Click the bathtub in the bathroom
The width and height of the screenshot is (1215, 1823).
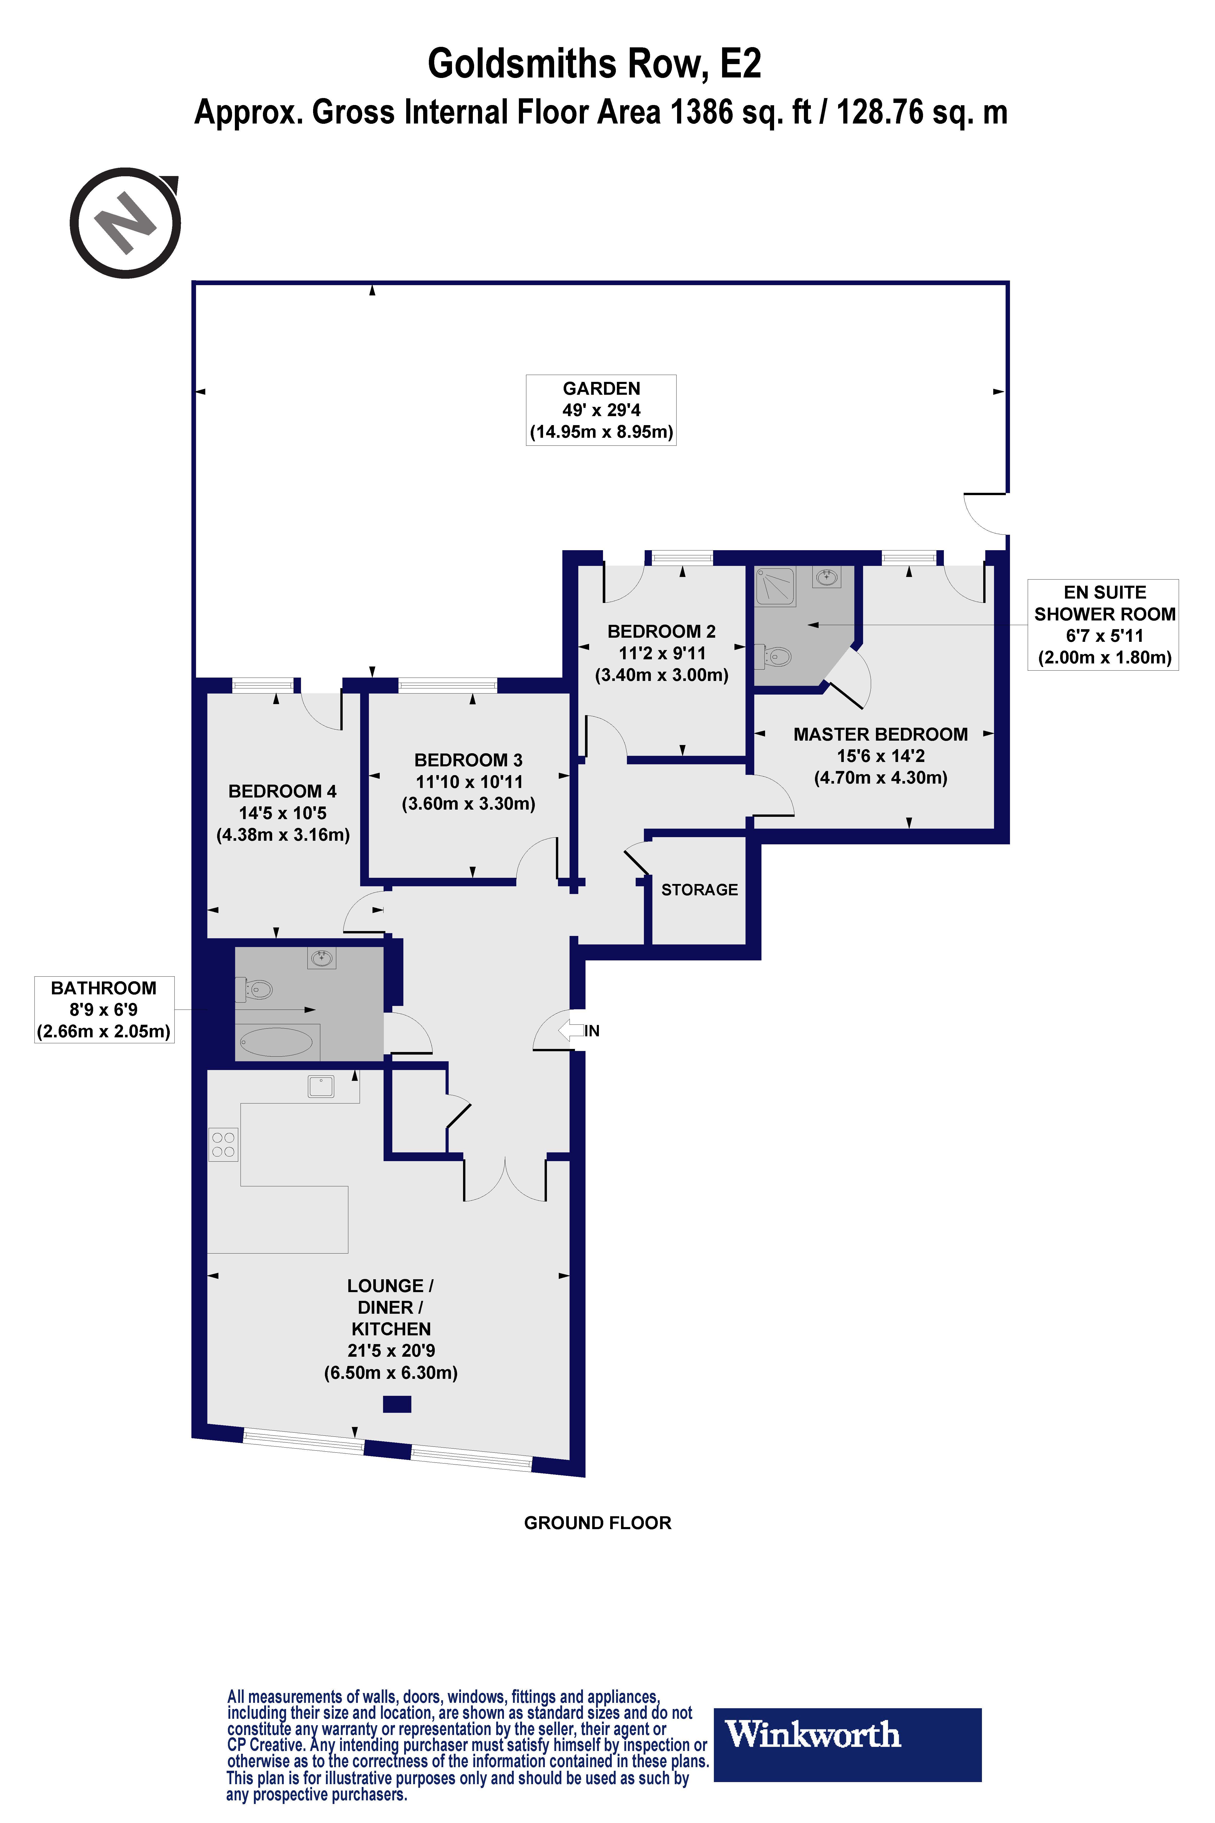[x=277, y=1042]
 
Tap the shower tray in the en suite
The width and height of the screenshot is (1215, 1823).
[x=775, y=586]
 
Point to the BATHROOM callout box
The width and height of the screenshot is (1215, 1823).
[x=104, y=1009]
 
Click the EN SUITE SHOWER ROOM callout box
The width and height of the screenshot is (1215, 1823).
[x=1103, y=625]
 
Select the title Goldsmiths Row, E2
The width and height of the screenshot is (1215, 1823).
[x=594, y=64]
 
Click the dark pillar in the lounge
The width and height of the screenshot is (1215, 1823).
[x=397, y=1404]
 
